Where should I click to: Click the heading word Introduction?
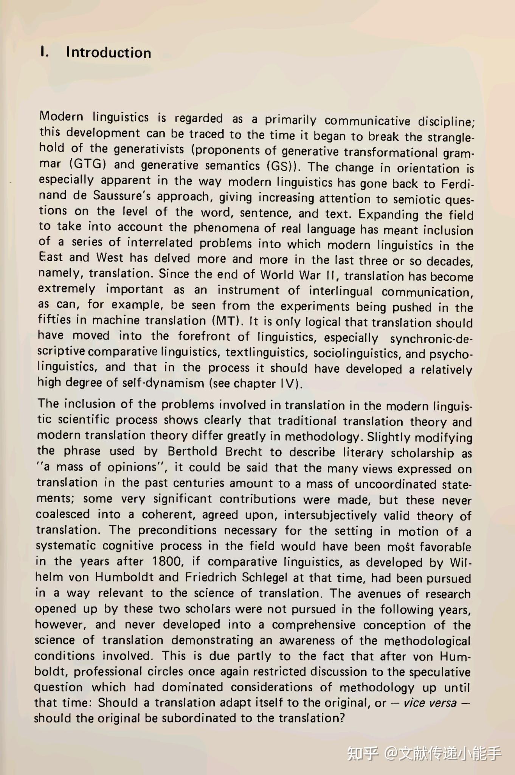point(109,53)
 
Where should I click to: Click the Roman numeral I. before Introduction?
point(44,52)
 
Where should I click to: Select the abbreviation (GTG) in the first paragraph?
point(88,164)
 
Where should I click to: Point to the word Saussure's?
point(122,196)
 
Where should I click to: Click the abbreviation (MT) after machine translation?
point(227,321)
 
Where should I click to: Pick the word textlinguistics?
point(266,353)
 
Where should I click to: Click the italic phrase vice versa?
point(430,703)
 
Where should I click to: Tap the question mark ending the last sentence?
point(343,718)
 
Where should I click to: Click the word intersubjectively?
point(330,515)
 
